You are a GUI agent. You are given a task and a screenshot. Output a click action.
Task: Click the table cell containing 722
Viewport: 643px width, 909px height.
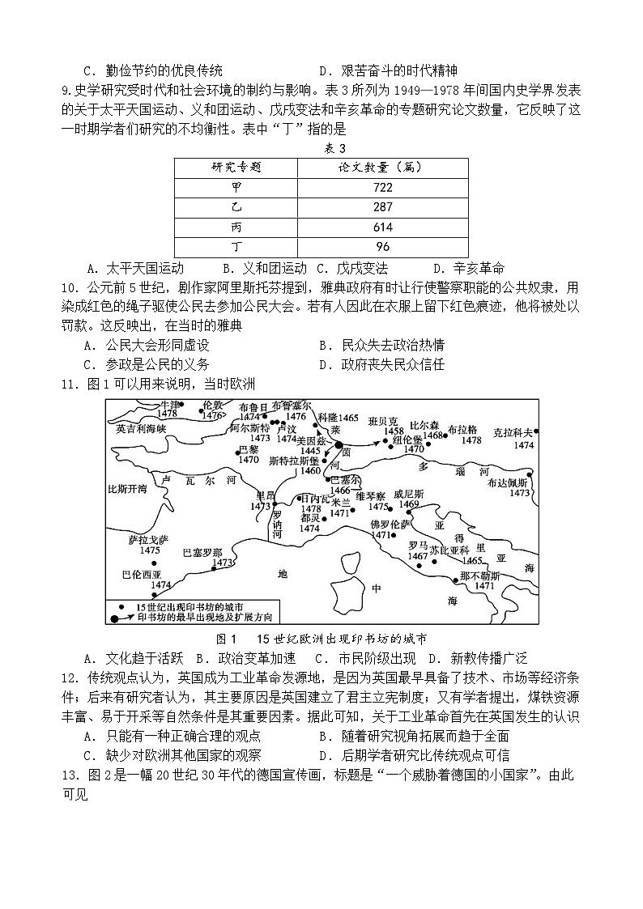tap(382, 187)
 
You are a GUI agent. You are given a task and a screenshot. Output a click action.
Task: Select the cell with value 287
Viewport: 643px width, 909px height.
tap(382, 207)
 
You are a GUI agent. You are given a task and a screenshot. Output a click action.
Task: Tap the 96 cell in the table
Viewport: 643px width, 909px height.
tap(382, 247)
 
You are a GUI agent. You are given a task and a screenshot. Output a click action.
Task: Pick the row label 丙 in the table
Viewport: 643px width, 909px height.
tap(236, 227)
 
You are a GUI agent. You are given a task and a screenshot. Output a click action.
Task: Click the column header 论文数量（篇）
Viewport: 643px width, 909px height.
tap(382, 168)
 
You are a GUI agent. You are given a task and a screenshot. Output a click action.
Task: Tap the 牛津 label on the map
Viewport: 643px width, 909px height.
tap(168, 404)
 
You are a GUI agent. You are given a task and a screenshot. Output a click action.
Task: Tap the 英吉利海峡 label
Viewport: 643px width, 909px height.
tap(141, 429)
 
